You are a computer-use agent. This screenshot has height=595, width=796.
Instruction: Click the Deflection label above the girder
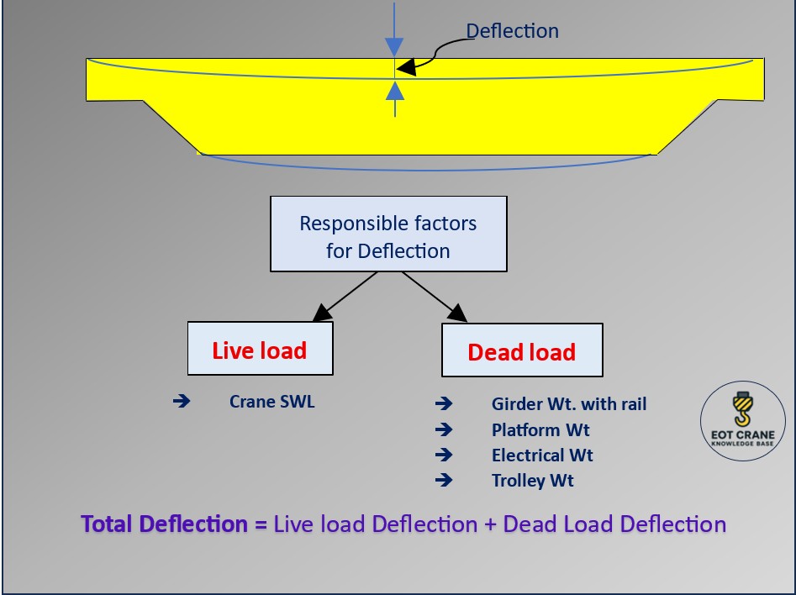click(x=512, y=31)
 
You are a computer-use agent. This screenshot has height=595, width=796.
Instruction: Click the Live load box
click(x=260, y=349)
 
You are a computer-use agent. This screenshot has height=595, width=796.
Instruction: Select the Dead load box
click(x=521, y=350)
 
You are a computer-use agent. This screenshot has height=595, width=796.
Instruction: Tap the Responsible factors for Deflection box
click(x=387, y=234)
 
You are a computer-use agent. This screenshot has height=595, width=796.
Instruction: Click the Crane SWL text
click(x=271, y=402)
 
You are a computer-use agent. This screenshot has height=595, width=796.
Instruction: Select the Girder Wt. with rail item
click(x=569, y=404)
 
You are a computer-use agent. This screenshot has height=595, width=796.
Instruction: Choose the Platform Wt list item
click(x=540, y=429)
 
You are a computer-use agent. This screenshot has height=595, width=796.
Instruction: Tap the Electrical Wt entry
click(x=542, y=455)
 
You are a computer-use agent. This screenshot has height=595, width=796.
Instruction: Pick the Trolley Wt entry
click(x=533, y=481)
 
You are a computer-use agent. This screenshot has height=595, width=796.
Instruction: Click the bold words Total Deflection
click(x=164, y=524)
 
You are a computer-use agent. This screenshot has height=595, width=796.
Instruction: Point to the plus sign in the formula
click(x=491, y=524)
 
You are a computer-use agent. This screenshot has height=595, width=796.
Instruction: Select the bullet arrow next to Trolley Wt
click(x=444, y=481)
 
